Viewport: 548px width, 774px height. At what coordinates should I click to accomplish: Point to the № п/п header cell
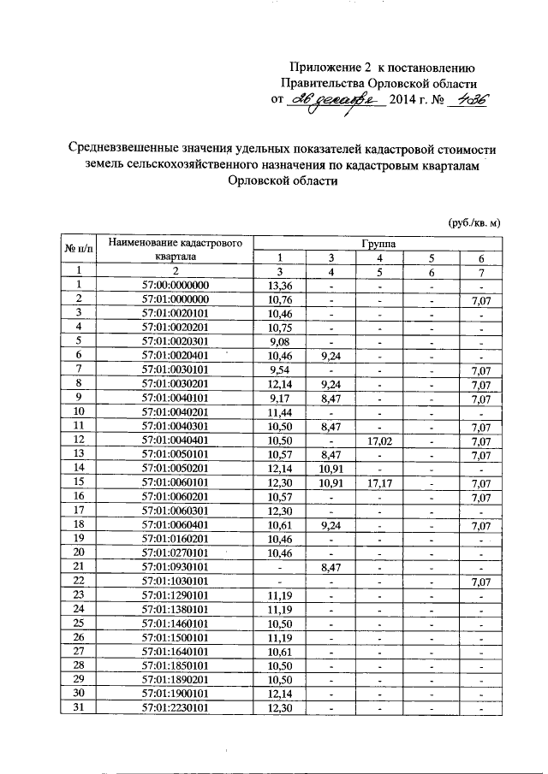point(78,249)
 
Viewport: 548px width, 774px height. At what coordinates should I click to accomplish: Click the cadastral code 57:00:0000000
point(176,285)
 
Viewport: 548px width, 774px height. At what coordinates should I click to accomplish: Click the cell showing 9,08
point(281,340)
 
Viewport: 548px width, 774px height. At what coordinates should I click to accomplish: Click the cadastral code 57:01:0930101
point(176,566)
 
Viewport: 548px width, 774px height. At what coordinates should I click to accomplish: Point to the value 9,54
point(281,368)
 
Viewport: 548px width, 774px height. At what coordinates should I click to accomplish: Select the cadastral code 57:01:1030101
point(176,581)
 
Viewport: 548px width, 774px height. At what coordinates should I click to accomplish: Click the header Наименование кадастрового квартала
point(176,249)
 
